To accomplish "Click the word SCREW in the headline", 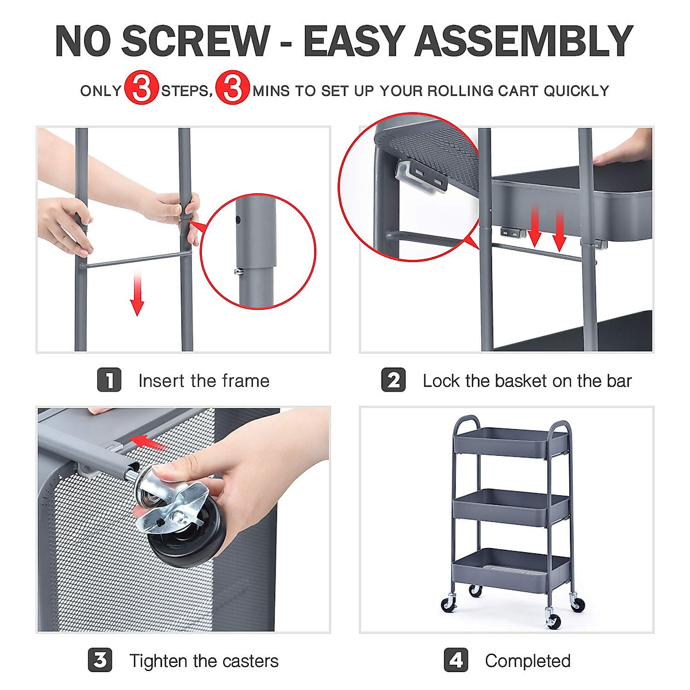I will click(x=195, y=41).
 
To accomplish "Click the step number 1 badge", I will click(x=109, y=380).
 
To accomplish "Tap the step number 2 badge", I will click(x=393, y=380).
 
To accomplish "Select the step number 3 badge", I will click(x=100, y=660).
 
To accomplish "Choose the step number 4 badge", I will click(x=456, y=660).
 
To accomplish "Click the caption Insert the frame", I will click(x=204, y=381).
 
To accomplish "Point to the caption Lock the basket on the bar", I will click(x=527, y=381).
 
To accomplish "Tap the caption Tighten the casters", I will click(x=204, y=661).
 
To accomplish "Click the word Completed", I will click(x=527, y=661).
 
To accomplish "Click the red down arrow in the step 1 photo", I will click(x=137, y=294).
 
